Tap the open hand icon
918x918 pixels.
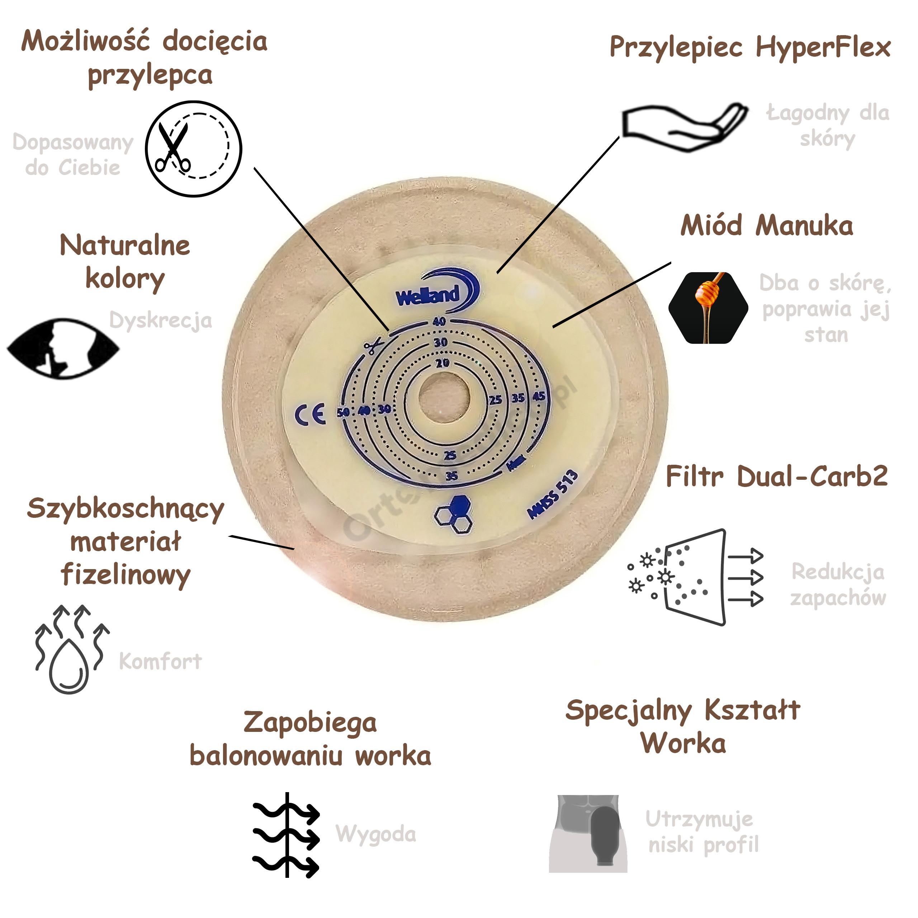tap(684, 126)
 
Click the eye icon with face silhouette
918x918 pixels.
tap(63, 348)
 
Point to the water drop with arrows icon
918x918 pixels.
tap(71, 649)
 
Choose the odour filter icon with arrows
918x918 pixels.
tap(696, 577)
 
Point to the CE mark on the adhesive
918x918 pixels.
tap(310, 414)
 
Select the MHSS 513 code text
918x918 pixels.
tap(553, 494)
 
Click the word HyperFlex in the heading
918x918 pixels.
tap(823, 48)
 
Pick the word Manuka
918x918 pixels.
tap(804, 226)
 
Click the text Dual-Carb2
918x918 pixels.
tap(812, 476)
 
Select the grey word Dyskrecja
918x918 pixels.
tap(161, 321)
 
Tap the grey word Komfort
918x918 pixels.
tap(160, 661)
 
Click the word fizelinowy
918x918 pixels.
tap(126, 575)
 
